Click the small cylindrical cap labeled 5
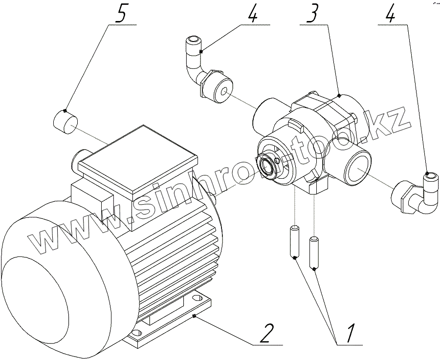click(x=65, y=121)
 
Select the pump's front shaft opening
click(x=268, y=166)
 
